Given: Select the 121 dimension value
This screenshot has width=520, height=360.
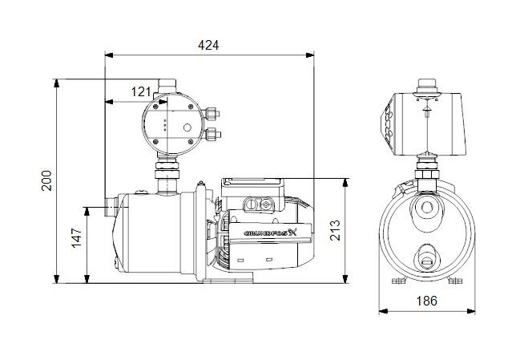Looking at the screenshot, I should tap(139, 93).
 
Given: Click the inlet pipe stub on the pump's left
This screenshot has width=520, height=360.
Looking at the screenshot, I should tap(108, 207).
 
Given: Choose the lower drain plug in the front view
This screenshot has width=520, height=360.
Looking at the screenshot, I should tap(425, 257).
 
